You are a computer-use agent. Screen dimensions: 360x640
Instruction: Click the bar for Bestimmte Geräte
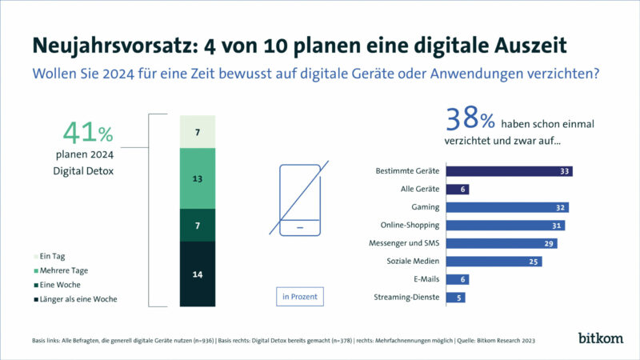(509, 171)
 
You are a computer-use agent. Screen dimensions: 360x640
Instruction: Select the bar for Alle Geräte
(457, 189)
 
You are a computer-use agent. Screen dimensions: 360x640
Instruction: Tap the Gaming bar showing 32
(507, 207)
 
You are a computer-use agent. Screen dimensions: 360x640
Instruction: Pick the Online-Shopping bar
(506, 226)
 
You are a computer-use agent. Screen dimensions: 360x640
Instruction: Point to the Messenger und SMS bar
(501, 243)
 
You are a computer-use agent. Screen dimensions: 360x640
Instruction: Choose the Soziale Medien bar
(494, 262)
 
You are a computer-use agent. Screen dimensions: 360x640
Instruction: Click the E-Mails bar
(457, 279)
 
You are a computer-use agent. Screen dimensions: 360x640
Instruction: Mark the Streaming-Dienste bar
(455, 298)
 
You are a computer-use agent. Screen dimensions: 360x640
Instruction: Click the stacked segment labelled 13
(198, 179)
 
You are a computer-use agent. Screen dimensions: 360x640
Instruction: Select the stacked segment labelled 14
(198, 274)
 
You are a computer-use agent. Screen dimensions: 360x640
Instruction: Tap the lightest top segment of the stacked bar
(198, 130)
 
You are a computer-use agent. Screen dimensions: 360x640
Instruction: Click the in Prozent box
(300, 296)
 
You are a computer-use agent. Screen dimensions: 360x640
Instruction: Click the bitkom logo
(599, 338)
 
